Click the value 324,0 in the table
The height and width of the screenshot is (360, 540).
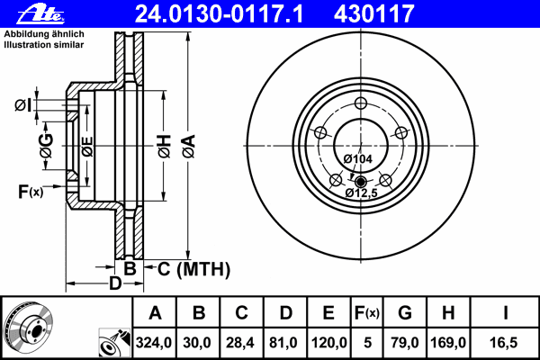(155, 343)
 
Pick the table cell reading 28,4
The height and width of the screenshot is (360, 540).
(241, 343)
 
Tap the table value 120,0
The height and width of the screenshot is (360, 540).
(328, 343)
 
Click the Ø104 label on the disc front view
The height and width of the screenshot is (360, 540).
(359, 159)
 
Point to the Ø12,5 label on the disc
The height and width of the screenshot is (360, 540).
(360, 193)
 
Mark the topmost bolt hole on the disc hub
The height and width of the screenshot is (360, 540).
(360, 102)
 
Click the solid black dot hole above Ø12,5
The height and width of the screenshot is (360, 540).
(360, 180)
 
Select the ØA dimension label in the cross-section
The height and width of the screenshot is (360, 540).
(187, 142)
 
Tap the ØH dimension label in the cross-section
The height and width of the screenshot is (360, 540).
(164, 144)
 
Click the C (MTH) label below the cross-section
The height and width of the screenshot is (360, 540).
(193, 269)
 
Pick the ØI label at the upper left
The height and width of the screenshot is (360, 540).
(22, 105)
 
